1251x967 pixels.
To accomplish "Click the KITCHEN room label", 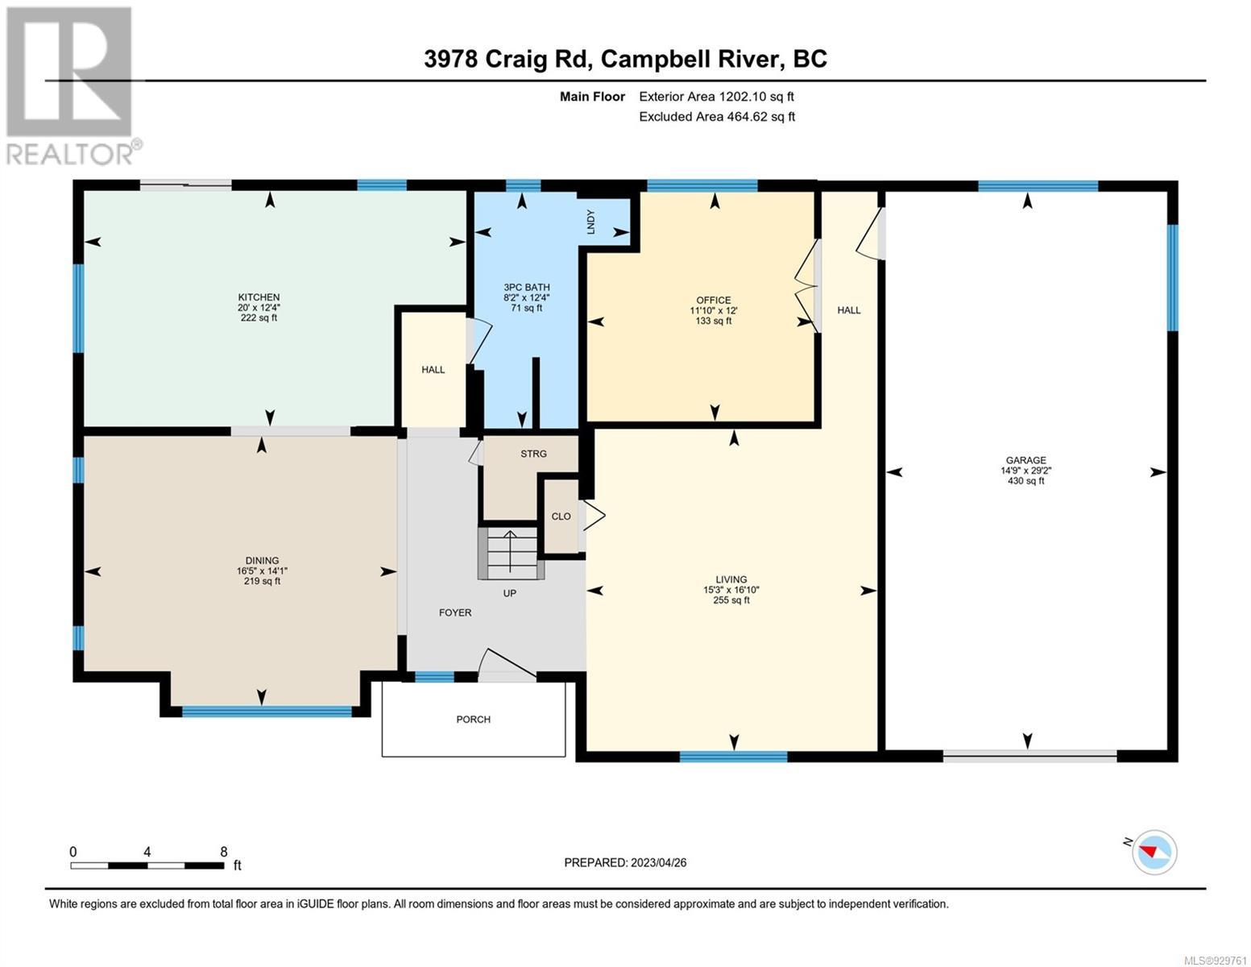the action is pyautogui.click(x=259, y=297).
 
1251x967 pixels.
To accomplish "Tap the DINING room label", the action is pyautogui.click(x=262, y=560).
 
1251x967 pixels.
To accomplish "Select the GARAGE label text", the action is pyautogui.click(x=1026, y=460).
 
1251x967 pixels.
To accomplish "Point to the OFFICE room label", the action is pyautogui.click(x=713, y=300).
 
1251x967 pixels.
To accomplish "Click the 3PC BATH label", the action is pyautogui.click(x=527, y=288).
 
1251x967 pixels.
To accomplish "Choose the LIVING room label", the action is pyautogui.click(x=731, y=579).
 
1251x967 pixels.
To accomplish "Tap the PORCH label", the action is pyautogui.click(x=473, y=720).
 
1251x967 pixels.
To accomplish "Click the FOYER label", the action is pyautogui.click(x=455, y=612).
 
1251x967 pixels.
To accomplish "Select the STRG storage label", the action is pyautogui.click(x=534, y=454).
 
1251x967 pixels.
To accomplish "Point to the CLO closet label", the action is pyautogui.click(x=561, y=517).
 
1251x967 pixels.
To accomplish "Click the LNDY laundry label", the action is pyautogui.click(x=590, y=222).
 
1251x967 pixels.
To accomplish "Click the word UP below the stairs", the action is pyautogui.click(x=509, y=593).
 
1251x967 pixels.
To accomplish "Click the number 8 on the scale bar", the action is pyautogui.click(x=223, y=852).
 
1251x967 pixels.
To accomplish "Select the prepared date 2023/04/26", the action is pyautogui.click(x=659, y=863).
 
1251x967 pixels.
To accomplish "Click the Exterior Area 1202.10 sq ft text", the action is pyautogui.click(x=717, y=97).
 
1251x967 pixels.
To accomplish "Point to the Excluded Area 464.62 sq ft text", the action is pyautogui.click(x=717, y=117).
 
